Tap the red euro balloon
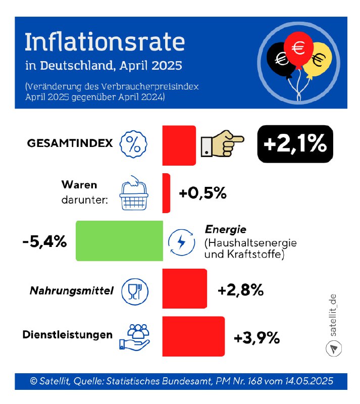[298, 48]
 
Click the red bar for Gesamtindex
[179, 145]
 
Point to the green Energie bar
[119, 241]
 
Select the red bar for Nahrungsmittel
[184, 288]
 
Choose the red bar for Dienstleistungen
[193, 336]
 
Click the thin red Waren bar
[166, 193]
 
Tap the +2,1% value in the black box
[295, 144]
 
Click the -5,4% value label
[45, 241]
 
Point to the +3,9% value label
[256, 338]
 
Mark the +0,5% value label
[202, 193]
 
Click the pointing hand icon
[222, 145]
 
